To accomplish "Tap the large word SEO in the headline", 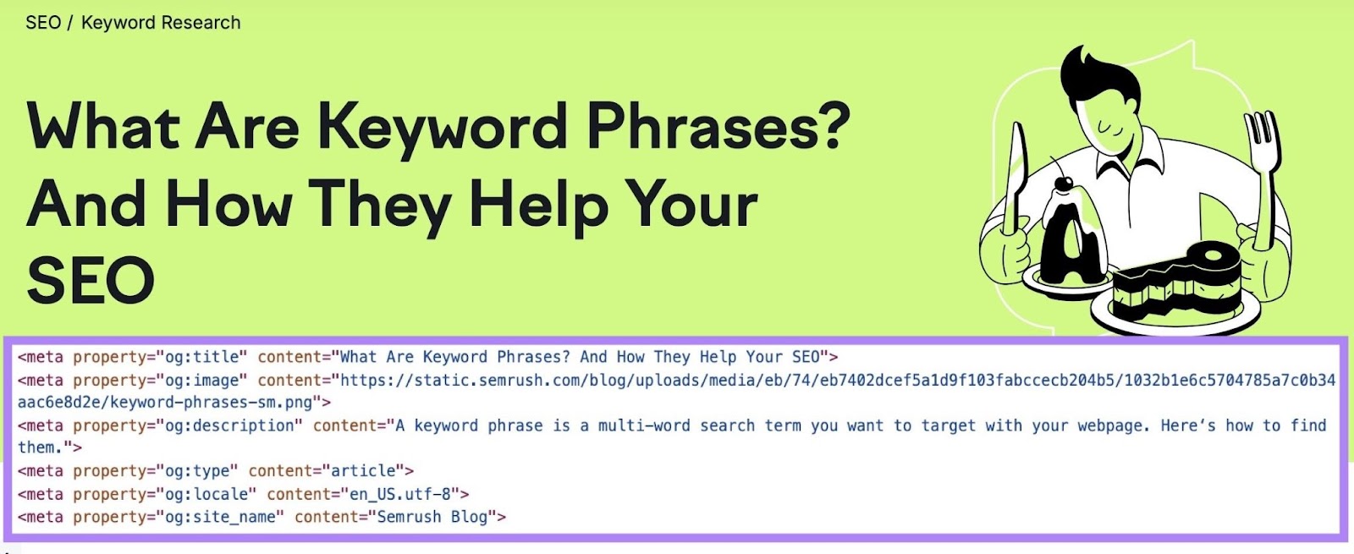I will pyautogui.click(x=91, y=281).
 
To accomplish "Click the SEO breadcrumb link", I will pyautogui.click(x=43, y=23).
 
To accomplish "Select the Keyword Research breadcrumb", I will pyautogui.click(x=161, y=23).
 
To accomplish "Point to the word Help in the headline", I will pyautogui.click(x=538, y=206).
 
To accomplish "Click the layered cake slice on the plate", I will pyautogui.click(x=1176, y=283).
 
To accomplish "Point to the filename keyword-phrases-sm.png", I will pyautogui.click(x=211, y=403).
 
